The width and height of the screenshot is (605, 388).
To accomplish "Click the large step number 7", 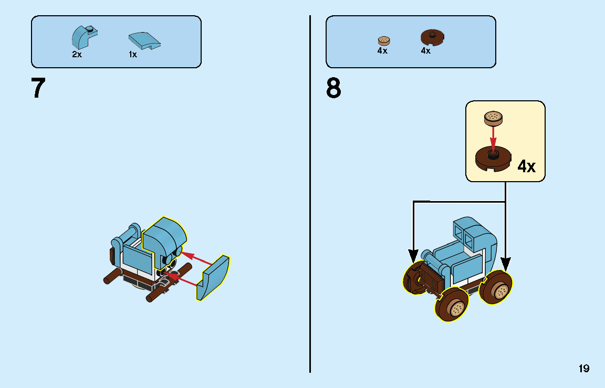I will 38,88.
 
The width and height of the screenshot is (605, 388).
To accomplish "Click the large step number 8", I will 333,88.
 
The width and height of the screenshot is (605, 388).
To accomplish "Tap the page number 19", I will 584,369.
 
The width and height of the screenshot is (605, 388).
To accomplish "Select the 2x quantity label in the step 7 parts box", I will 77,54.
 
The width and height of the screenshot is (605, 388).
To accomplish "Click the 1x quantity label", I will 133,54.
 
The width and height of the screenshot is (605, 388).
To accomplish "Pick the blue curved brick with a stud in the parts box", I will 84,38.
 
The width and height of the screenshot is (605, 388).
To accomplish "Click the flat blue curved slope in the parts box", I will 144,40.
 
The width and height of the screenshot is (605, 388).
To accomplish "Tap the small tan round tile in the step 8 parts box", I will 384,40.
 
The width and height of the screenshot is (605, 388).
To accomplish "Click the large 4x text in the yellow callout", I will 526,166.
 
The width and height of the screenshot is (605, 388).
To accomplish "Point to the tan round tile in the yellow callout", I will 493,118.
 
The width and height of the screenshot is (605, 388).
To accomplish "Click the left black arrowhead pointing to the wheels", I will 414,256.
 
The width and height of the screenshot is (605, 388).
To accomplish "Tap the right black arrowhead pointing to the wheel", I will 505,263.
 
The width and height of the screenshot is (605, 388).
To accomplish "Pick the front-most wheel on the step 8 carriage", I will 452,307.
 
